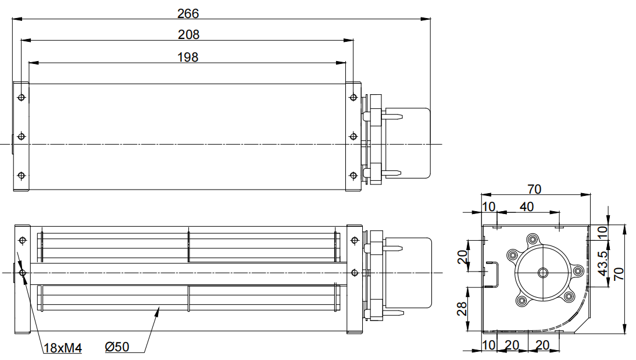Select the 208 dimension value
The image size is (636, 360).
tap(188, 35)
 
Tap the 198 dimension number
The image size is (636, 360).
tap(188, 57)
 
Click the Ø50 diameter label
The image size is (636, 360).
tap(117, 348)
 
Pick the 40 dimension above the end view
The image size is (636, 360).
tap(526, 206)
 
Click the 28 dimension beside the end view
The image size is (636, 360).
tap(463, 308)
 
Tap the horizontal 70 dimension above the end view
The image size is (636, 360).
tap(534, 189)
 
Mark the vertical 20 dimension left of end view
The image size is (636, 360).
tap(463, 256)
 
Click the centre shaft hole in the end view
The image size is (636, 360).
tap(543, 272)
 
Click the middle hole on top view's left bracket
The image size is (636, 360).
tap(22, 136)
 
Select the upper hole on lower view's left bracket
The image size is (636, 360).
tap(22, 240)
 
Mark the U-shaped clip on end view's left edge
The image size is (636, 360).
tap(492, 274)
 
